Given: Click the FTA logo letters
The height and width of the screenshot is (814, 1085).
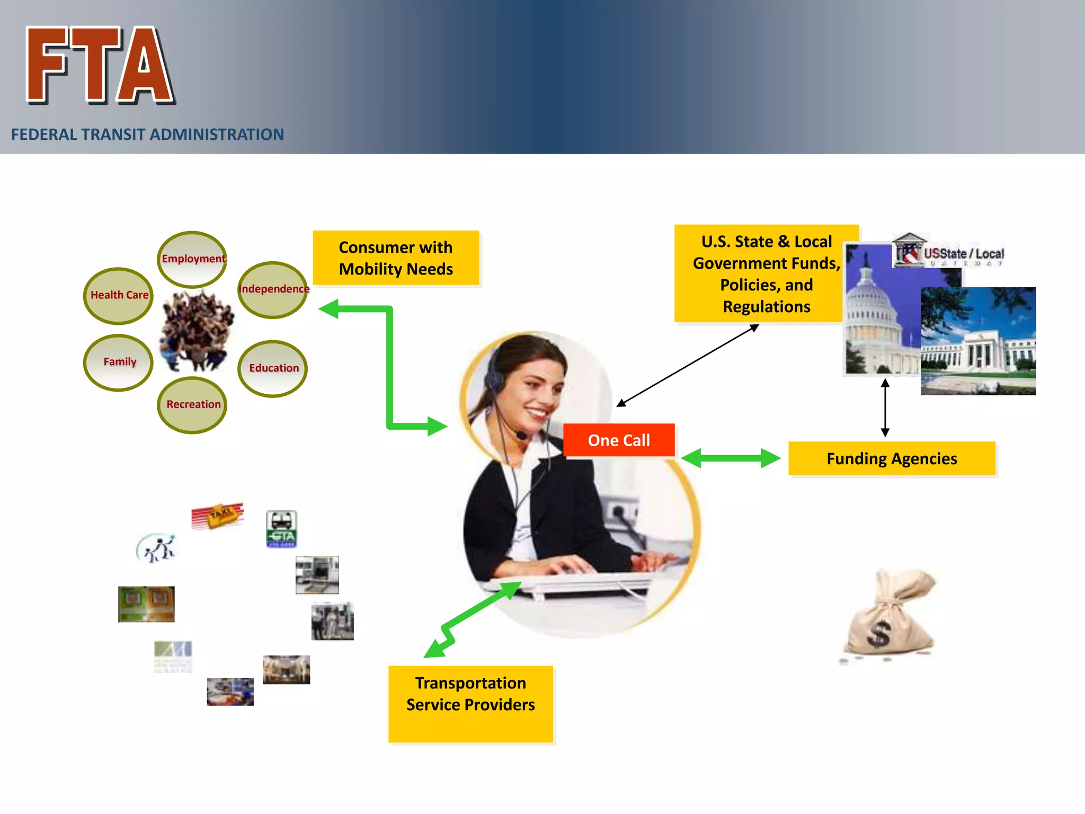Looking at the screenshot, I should click(x=100, y=65).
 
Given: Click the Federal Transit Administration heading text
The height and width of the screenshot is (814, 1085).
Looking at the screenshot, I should click(x=147, y=135).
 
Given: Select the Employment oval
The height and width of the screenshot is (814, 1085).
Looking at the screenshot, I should click(x=192, y=259).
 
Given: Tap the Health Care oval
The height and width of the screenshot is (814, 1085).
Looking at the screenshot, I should click(x=119, y=296).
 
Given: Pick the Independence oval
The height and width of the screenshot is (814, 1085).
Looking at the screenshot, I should click(x=273, y=289).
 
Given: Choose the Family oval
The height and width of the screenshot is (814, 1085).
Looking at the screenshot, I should click(x=119, y=362).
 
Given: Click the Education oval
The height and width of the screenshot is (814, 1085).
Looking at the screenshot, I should click(x=273, y=368).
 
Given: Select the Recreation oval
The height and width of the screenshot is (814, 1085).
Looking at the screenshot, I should click(x=192, y=405).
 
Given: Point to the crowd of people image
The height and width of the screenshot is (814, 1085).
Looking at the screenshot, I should click(x=197, y=331).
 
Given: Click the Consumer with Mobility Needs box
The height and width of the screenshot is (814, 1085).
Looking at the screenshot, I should click(x=396, y=258).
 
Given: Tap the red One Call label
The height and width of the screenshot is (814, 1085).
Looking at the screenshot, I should click(x=619, y=440).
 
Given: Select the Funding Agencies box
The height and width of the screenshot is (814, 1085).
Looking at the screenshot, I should click(x=892, y=458).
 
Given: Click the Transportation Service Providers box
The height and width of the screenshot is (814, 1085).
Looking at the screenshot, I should click(x=470, y=703).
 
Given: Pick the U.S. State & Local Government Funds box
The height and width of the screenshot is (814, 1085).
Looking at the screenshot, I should click(x=766, y=273).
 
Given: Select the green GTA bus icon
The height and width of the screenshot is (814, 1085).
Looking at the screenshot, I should click(x=281, y=529).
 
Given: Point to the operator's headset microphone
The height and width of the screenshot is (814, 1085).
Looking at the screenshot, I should click(x=522, y=436).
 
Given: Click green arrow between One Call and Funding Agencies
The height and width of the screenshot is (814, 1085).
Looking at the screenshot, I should click(x=731, y=458).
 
